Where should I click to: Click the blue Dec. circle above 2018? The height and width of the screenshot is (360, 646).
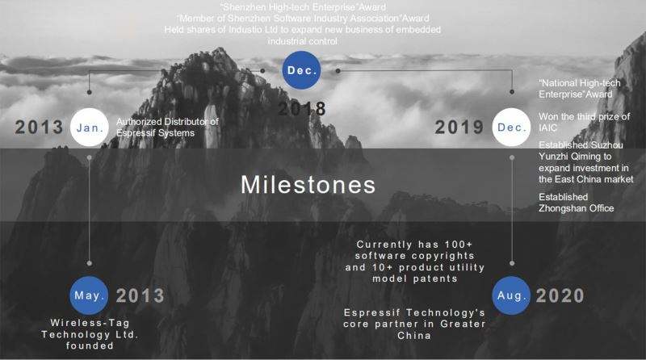[x=301, y=70]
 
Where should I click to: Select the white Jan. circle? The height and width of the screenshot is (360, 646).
[x=90, y=128]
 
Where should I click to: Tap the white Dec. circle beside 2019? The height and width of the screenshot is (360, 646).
[x=511, y=128]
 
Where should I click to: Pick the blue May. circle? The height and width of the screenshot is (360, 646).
[x=89, y=295]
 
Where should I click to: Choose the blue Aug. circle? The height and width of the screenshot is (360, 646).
[x=511, y=295]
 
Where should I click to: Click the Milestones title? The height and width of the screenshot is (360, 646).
[x=308, y=185]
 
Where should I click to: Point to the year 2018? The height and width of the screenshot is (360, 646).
[x=301, y=109]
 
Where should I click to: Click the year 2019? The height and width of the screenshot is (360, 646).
[x=459, y=127]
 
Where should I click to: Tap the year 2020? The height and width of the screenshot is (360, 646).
[x=560, y=295]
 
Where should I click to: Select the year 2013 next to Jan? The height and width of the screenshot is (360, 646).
[x=39, y=127]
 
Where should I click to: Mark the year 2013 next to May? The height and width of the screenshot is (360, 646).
[x=140, y=295]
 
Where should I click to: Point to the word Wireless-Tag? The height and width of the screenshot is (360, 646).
[x=90, y=323]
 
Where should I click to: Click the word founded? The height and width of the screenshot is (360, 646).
[x=90, y=346]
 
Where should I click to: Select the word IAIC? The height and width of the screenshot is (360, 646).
[x=547, y=128]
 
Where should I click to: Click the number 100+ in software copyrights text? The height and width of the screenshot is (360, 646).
[x=459, y=245]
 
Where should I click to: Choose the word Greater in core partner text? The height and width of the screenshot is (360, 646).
[x=463, y=324]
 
